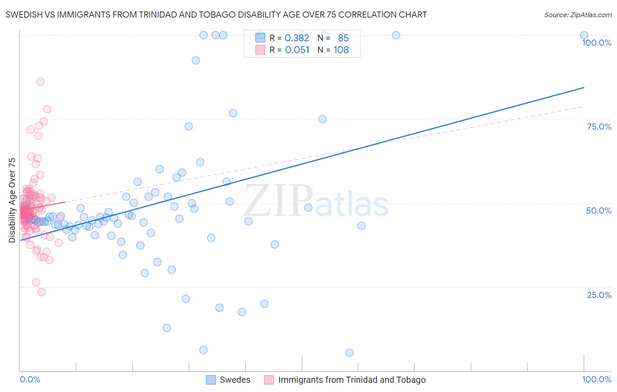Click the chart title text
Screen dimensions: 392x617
(x=216, y=15)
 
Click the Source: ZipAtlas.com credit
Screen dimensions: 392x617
(x=578, y=15)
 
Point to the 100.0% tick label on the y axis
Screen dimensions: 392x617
(x=596, y=43)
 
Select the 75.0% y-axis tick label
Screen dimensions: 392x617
(x=599, y=127)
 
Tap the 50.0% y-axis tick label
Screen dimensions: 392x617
(x=599, y=211)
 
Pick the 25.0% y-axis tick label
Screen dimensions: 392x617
(x=599, y=295)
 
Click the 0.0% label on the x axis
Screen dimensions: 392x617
(x=30, y=379)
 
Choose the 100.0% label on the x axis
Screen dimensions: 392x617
(x=596, y=379)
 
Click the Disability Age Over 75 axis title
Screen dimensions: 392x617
(x=12, y=200)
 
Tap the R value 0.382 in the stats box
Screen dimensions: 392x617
(x=297, y=38)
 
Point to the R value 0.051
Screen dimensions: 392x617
(x=297, y=50)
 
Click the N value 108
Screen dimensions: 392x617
(x=341, y=50)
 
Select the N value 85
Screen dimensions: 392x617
(x=343, y=38)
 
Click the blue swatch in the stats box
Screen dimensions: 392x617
(x=260, y=38)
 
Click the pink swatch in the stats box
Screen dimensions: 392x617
(x=260, y=50)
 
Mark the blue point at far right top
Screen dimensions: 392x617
(x=584, y=35)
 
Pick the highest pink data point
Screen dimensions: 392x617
(x=40, y=82)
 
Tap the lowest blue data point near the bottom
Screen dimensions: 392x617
(x=349, y=352)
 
